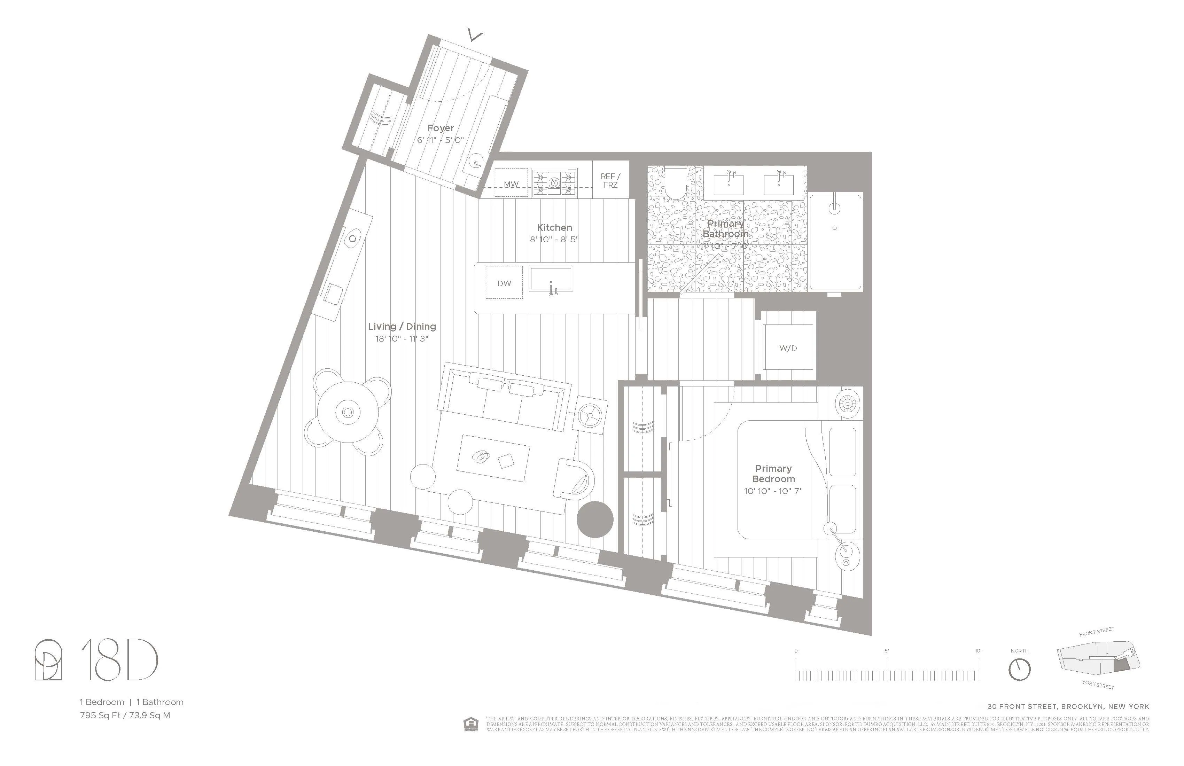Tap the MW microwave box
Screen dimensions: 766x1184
(x=511, y=183)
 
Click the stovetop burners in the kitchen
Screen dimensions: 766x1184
(x=554, y=182)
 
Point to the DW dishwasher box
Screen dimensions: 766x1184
(x=504, y=283)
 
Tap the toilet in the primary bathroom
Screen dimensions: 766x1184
(x=676, y=183)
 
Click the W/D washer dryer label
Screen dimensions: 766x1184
(x=788, y=348)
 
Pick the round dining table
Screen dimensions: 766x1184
(x=348, y=412)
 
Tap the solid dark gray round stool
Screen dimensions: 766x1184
(x=595, y=519)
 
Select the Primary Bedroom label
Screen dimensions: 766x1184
(x=773, y=474)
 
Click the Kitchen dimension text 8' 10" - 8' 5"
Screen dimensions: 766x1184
(x=554, y=239)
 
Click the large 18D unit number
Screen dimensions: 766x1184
(x=119, y=660)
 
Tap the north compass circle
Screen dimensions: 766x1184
(x=1019, y=670)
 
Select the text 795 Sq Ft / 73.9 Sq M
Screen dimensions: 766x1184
(x=125, y=715)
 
